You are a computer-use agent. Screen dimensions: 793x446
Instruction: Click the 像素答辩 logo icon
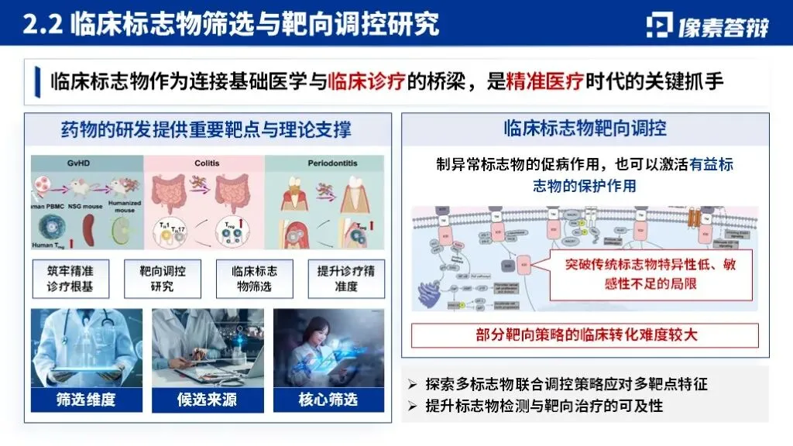click(659, 25)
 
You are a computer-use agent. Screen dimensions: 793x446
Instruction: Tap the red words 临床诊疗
click(367, 81)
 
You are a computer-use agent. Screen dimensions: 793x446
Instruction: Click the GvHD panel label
click(86, 163)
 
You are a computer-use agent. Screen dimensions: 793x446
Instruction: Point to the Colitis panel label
click(204, 163)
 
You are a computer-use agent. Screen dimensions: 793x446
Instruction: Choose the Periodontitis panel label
click(326, 163)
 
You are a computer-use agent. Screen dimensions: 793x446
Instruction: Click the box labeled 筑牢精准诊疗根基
click(72, 279)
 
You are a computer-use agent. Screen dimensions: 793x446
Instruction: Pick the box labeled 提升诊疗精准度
click(345, 279)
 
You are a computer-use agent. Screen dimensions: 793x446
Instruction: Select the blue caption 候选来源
click(207, 400)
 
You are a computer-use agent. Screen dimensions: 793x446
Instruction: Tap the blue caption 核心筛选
click(328, 400)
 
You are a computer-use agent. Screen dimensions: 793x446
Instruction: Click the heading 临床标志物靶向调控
click(585, 127)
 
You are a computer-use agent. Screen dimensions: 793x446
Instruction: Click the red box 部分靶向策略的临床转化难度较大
click(585, 336)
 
